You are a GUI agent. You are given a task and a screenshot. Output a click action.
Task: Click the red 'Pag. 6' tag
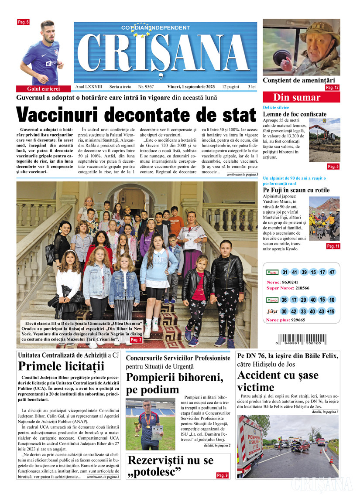click(23, 22)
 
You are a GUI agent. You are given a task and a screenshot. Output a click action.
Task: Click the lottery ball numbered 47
click(332, 272)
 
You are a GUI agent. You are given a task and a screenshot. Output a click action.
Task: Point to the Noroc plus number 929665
click(297, 320)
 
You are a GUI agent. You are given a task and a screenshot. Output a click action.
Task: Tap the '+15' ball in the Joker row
click(332, 311)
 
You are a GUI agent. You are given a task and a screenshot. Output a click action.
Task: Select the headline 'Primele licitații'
click(62, 366)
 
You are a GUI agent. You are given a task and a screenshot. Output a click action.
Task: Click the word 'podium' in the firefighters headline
click(148, 389)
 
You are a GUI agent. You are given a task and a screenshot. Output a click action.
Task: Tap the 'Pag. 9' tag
click(222, 475)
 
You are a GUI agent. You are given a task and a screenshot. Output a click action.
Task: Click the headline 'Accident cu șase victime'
click(278, 381)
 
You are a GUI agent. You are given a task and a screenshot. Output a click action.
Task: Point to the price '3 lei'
click(252, 87)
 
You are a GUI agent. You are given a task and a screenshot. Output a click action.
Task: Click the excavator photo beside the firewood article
click(324, 143)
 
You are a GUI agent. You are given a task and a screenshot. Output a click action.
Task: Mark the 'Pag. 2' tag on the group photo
click(136, 339)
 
